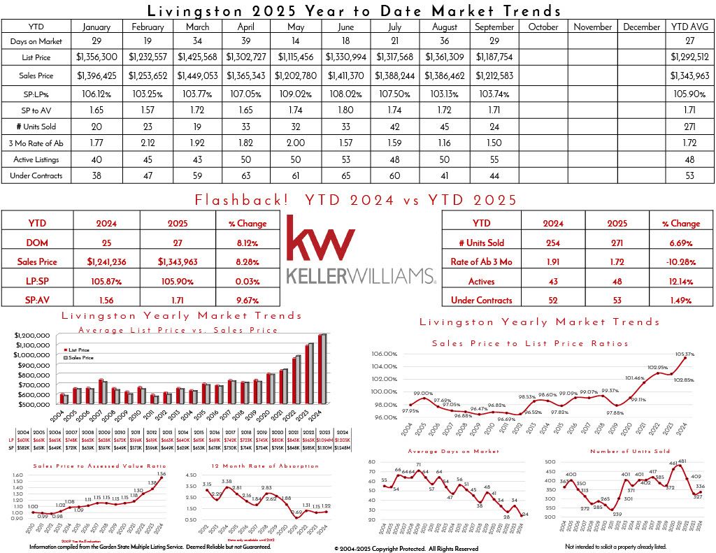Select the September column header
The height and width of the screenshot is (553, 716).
pos(494,27)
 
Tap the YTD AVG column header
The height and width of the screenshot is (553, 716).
pos(689,27)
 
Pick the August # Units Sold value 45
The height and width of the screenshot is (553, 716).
pos(445,127)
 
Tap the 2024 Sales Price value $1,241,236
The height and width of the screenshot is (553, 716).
pos(107,262)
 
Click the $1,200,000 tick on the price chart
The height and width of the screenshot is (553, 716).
pos(31,336)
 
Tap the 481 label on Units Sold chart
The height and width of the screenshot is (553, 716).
pos(682,461)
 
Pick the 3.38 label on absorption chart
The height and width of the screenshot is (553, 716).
pos(227,481)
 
